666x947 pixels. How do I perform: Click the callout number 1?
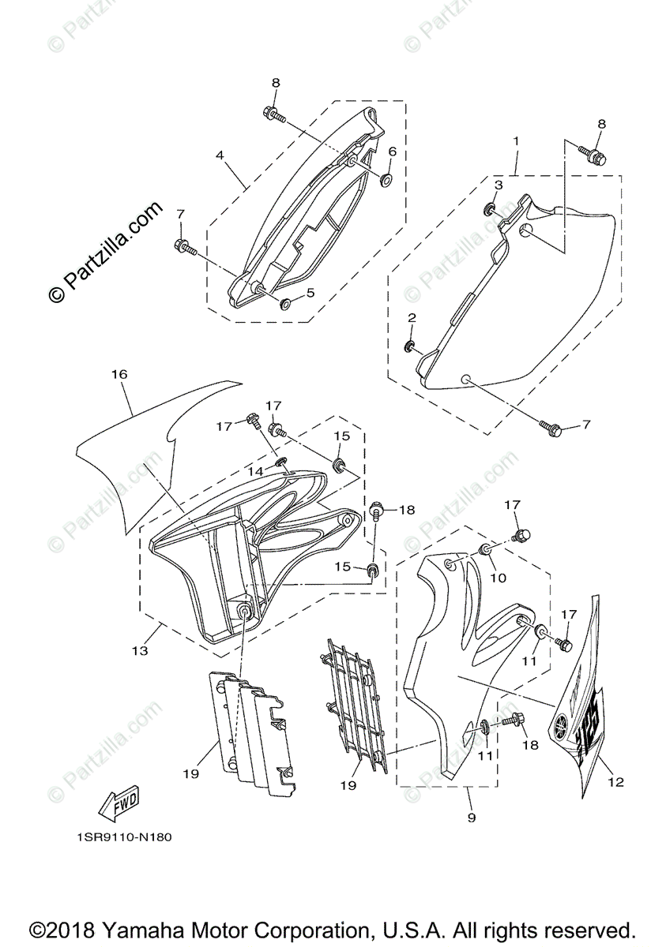(x=516, y=141)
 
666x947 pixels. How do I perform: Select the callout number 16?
(x=119, y=376)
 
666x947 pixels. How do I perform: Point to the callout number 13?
(x=140, y=651)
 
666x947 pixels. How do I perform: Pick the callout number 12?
(x=616, y=782)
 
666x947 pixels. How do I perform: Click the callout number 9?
(x=471, y=818)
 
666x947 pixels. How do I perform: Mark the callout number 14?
(x=254, y=470)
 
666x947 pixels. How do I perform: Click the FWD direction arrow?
(x=119, y=804)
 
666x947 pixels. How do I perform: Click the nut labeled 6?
(x=386, y=179)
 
